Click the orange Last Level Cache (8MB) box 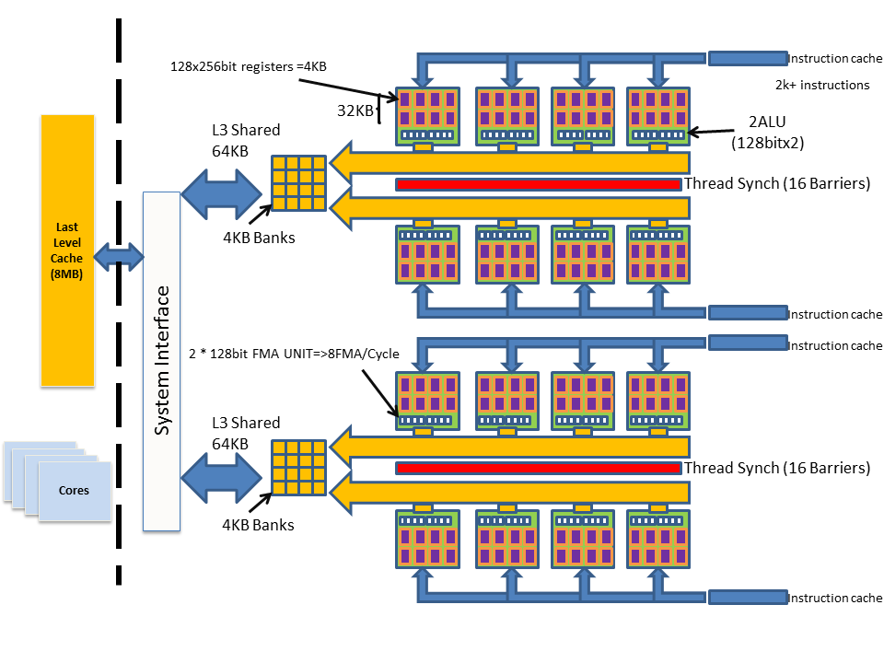(x=67, y=250)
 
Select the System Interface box (x=161, y=361)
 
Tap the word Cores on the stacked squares (x=74, y=490)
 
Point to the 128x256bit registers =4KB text (x=248, y=66)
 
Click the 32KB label (x=355, y=110)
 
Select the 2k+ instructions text (x=822, y=85)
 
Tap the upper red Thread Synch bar (x=538, y=184)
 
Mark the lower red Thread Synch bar (x=538, y=469)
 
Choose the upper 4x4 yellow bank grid (x=298, y=183)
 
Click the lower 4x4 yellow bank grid (x=298, y=468)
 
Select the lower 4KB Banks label (x=258, y=525)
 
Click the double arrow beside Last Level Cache (x=119, y=255)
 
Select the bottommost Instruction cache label (x=834, y=599)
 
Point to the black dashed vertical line (x=119, y=304)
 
